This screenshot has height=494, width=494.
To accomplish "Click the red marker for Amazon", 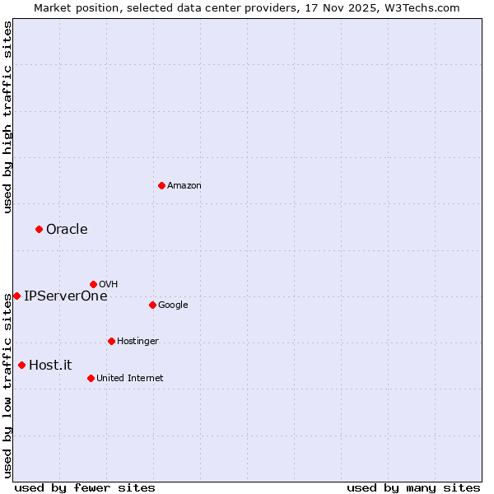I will pyautogui.click(x=161, y=185).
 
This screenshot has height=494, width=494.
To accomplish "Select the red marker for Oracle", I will pyautogui.click(x=39, y=229).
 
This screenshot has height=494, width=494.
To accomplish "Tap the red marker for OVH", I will pyautogui.click(x=93, y=284).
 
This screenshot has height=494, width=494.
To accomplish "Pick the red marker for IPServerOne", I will pyautogui.click(x=16, y=296).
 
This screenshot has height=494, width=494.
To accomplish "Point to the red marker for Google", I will pyautogui.click(x=152, y=305).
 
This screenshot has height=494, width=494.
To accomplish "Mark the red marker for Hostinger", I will pyautogui.click(x=111, y=341).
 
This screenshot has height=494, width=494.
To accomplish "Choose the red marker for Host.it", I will pyautogui.click(x=21, y=365).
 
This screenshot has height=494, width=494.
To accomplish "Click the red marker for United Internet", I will pyautogui.click(x=91, y=378).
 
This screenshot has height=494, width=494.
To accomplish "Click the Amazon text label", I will pyautogui.click(x=184, y=186).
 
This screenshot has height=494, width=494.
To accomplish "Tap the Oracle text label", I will pyautogui.click(x=67, y=230).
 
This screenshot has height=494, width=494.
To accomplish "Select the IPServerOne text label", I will pyautogui.click(x=66, y=296).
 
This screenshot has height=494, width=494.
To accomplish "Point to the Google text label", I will pyautogui.click(x=173, y=305).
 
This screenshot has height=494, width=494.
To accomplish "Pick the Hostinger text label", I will pyautogui.click(x=137, y=342).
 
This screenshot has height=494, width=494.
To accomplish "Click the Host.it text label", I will pyautogui.click(x=50, y=366).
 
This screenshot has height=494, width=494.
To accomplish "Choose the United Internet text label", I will pyautogui.click(x=130, y=379).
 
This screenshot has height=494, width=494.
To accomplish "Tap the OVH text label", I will pyautogui.click(x=109, y=285).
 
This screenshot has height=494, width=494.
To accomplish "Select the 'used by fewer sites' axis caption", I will pyautogui.click(x=85, y=487).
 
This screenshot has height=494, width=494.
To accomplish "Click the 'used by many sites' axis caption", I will pyautogui.click(x=413, y=487).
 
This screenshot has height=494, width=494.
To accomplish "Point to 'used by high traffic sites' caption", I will pyautogui.click(x=7, y=117).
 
